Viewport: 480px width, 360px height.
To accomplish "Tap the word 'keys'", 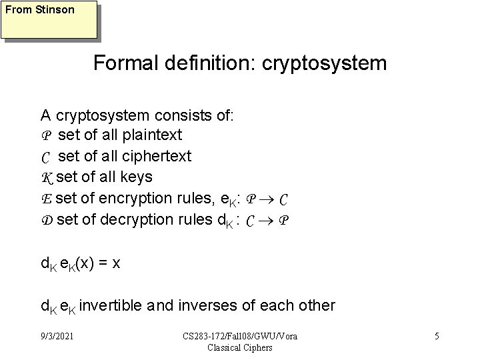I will tap(138, 177).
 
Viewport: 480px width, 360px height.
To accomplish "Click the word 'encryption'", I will tap(143, 198).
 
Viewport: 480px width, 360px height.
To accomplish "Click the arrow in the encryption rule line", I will tap(265, 199).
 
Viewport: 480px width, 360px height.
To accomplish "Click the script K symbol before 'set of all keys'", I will tap(47, 177).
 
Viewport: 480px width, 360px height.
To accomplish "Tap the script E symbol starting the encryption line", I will tap(46, 198).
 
